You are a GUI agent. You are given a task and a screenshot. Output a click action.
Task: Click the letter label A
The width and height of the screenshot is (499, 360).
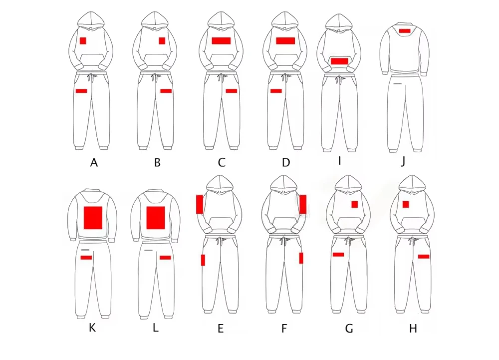click(93, 162)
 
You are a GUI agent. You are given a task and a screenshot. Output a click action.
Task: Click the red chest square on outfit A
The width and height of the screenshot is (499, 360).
click(83, 40)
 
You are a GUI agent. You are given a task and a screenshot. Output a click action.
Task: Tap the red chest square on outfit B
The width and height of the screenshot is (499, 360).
click(162, 40)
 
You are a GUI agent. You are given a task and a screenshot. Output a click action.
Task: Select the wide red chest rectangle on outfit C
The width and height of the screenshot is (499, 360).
click(221, 40)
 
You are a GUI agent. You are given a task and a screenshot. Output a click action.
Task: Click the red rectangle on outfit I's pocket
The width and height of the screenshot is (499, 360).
click(339, 61)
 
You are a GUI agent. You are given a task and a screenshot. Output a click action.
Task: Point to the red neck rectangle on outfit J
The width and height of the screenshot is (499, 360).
click(405, 31)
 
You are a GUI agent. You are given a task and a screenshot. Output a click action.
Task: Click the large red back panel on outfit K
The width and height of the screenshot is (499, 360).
click(93, 218)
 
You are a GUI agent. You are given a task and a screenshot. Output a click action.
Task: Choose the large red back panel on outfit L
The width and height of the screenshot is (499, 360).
click(156, 218)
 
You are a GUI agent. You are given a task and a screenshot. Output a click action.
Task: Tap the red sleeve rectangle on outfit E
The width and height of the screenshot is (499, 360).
click(200, 204)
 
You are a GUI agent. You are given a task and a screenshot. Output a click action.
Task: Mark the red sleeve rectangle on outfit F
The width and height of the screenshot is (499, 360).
click(303, 204)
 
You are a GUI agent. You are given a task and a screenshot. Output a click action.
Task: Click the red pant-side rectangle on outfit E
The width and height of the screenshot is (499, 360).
click(203, 260)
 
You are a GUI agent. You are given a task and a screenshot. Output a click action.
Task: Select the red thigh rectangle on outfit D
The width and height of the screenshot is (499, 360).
click(276, 91)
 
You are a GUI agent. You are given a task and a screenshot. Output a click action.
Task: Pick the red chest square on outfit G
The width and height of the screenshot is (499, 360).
click(355, 204)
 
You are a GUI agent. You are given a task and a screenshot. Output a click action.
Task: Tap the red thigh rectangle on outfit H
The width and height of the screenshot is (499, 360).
click(424, 256)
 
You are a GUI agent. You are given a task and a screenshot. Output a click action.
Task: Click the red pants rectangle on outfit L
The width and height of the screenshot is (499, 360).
click(165, 258)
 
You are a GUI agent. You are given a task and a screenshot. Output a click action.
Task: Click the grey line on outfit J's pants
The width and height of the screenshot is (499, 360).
click(397, 84)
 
